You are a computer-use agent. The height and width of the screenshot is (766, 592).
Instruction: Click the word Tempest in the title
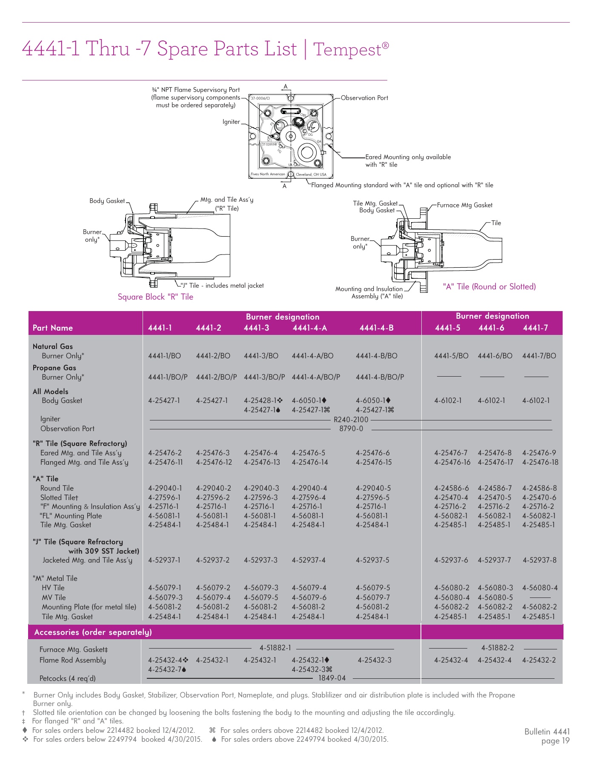347,49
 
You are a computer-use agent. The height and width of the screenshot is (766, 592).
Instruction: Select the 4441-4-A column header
310,328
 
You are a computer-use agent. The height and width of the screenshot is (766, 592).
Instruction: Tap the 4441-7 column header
535,328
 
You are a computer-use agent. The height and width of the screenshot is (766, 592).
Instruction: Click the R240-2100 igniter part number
351,420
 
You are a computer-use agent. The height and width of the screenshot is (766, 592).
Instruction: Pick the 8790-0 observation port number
351,429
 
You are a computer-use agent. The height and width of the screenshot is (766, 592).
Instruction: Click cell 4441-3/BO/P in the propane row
264,377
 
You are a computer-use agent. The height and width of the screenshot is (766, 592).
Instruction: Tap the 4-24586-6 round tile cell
451,488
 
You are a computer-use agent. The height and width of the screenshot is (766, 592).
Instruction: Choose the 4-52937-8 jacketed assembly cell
539,560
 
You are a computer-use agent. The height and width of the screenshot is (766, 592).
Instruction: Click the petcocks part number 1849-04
332,678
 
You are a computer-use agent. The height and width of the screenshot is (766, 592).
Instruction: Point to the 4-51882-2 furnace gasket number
497,648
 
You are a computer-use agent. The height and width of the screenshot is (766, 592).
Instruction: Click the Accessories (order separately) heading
93,632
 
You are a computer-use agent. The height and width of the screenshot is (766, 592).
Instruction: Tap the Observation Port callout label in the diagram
364,98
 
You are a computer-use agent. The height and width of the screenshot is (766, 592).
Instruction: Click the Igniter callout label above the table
231,122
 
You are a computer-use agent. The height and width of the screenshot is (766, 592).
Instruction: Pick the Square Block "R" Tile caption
155,297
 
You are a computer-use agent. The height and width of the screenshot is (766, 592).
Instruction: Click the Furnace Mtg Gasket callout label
464,205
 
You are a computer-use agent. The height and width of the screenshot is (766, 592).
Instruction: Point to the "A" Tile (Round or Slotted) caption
489,286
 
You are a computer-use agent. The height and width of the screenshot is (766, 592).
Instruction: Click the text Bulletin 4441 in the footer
546,732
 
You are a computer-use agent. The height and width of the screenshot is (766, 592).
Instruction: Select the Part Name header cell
53,328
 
